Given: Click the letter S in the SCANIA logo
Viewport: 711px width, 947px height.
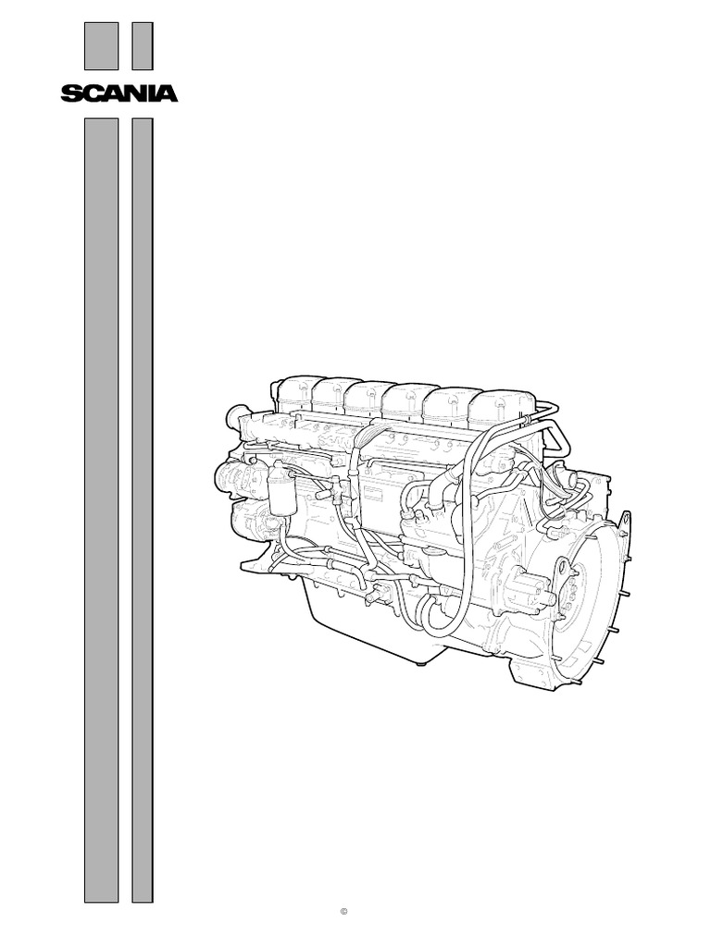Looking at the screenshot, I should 71,93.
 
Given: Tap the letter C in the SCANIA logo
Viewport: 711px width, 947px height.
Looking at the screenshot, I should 90,93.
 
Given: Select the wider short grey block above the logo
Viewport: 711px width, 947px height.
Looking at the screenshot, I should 102,46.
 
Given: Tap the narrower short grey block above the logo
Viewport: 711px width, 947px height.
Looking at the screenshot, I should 142,46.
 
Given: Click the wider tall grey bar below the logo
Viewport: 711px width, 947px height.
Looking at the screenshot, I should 102,509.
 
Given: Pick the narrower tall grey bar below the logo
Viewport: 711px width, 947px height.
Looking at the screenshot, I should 142,509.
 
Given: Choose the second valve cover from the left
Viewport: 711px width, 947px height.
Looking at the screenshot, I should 333,396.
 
